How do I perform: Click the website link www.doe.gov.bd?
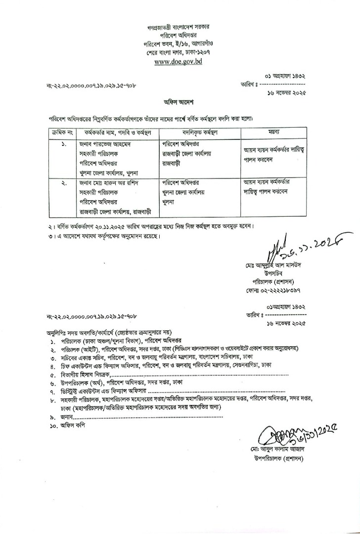click(178, 62)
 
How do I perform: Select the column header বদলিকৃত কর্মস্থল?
click(197, 133)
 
